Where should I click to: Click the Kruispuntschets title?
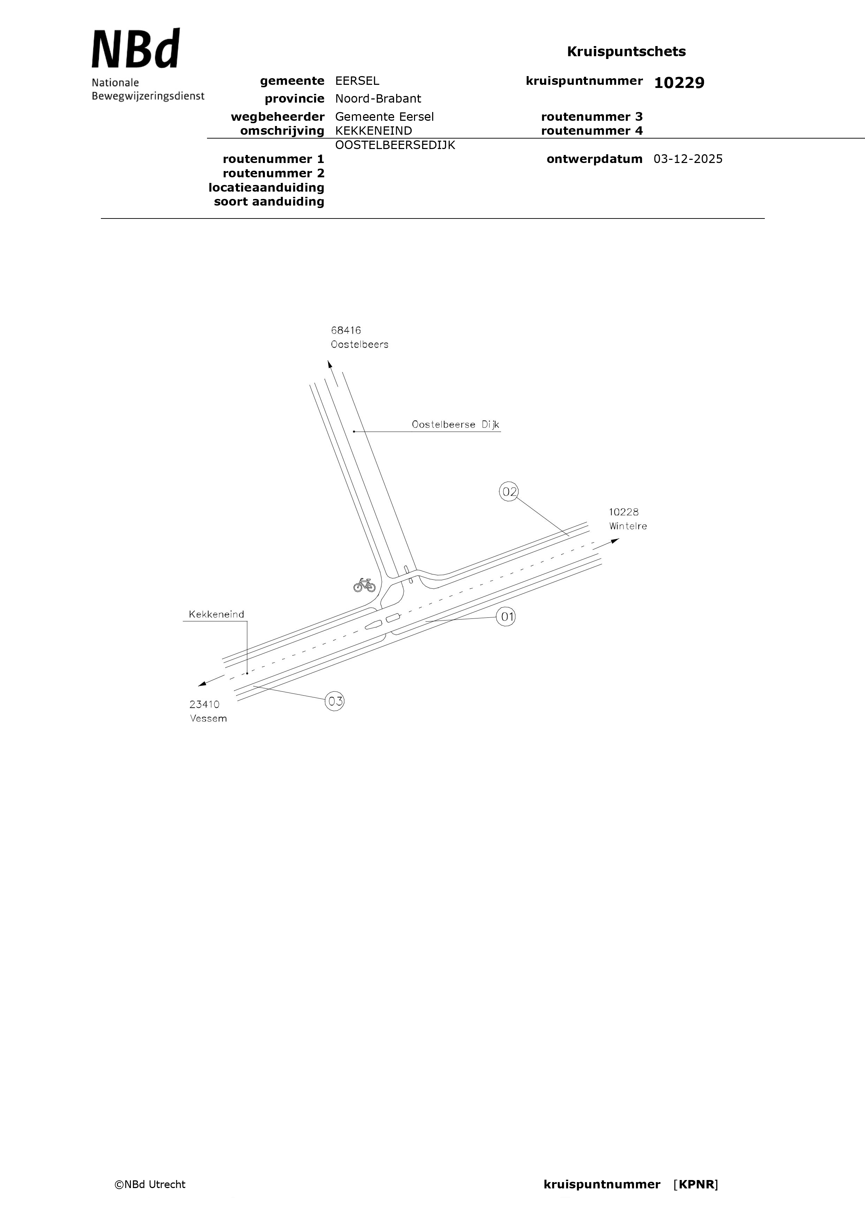click(626, 52)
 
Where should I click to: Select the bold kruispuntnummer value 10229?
click(679, 83)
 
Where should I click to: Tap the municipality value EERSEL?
click(357, 81)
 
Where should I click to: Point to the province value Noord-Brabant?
click(378, 99)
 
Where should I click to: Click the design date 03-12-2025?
click(688, 159)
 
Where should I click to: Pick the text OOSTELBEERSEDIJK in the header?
click(395, 145)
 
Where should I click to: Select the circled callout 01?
click(506, 617)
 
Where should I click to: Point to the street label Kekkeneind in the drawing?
click(216, 614)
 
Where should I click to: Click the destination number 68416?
click(346, 331)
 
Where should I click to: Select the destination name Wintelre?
click(628, 526)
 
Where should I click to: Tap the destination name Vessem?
click(208, 719)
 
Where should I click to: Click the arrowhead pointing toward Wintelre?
click(615, 541)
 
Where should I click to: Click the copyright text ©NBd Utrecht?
click(150, 1185)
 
